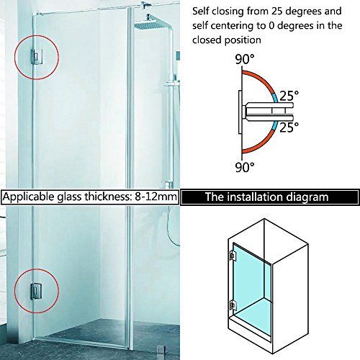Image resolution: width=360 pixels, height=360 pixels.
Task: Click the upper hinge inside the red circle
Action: (37, 57)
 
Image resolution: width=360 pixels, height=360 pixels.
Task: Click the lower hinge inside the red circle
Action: (36, 291)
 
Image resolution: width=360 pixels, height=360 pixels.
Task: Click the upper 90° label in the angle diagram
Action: (244, 59)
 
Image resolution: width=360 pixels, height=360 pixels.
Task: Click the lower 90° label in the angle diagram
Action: (244, 167)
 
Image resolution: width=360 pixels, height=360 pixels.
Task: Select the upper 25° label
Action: (289, 96)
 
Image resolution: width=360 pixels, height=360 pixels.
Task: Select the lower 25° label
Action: (289, 127)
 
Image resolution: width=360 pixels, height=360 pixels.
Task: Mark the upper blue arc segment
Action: (275, 97)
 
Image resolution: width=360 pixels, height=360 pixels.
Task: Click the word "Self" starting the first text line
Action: (201, 11)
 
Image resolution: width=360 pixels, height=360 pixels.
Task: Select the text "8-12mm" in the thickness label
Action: (156, 197)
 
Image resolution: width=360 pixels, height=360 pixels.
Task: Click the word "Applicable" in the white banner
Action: (29, 197)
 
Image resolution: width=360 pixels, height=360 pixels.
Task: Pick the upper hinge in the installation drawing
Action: (233, 256)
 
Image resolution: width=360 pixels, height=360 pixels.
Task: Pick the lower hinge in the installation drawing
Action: (233, 305)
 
